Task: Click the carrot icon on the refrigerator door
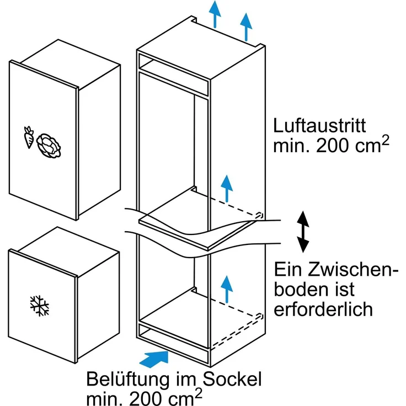coord(29,137)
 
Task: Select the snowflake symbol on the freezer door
coord(38,304)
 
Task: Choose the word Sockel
coord(231,381)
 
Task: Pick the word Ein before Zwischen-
coord(290,270)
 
